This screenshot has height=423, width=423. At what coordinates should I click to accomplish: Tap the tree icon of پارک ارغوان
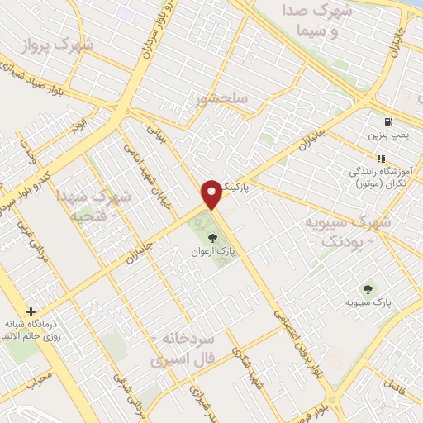click(202, 240)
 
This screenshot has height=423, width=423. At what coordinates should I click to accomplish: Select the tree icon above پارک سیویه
click(368, 289)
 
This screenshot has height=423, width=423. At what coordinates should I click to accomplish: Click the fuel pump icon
click(388, 121)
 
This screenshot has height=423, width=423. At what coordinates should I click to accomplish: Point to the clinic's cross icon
click(31, 312)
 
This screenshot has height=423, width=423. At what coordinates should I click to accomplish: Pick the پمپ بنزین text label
click(387, 133)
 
